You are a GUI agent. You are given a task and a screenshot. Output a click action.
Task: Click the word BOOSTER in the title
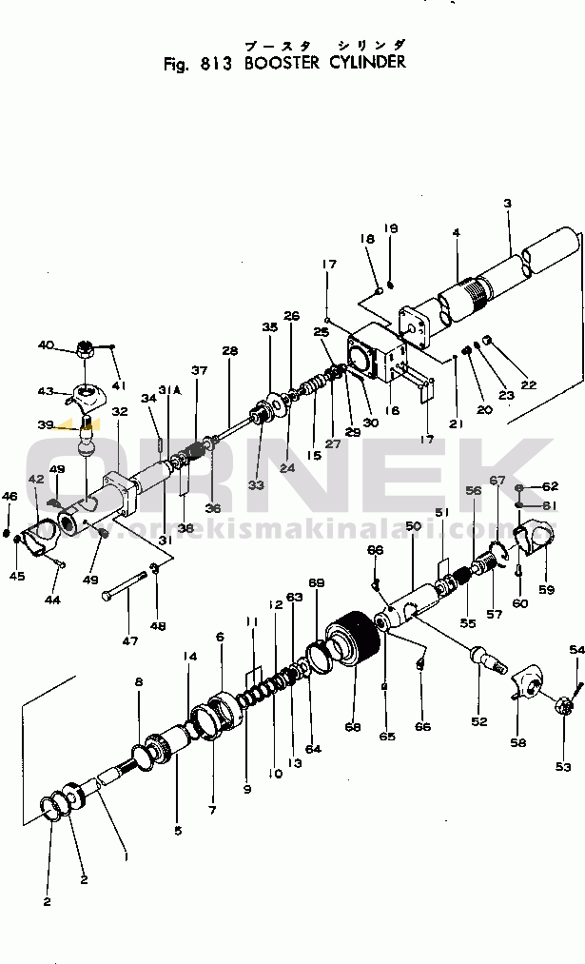click(x=285, y=64)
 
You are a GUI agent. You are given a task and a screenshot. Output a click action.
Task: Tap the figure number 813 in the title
click(x=217, y=64)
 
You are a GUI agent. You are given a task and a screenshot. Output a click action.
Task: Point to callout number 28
click(x=229, y=351)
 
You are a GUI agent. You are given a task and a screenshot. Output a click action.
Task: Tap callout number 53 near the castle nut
click(x=563, y=767)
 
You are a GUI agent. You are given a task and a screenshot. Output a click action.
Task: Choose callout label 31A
click(x=169, y=391)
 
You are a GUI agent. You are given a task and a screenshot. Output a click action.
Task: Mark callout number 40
click(x=46, y=345)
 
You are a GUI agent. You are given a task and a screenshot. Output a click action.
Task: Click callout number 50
click(x=412, y=526)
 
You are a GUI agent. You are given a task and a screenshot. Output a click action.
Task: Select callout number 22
click(x=528, y=384)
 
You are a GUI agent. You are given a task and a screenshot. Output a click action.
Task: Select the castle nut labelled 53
click(x=561, y=733)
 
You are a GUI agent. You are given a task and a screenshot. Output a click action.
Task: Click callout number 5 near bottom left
click(x=177, y=829)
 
